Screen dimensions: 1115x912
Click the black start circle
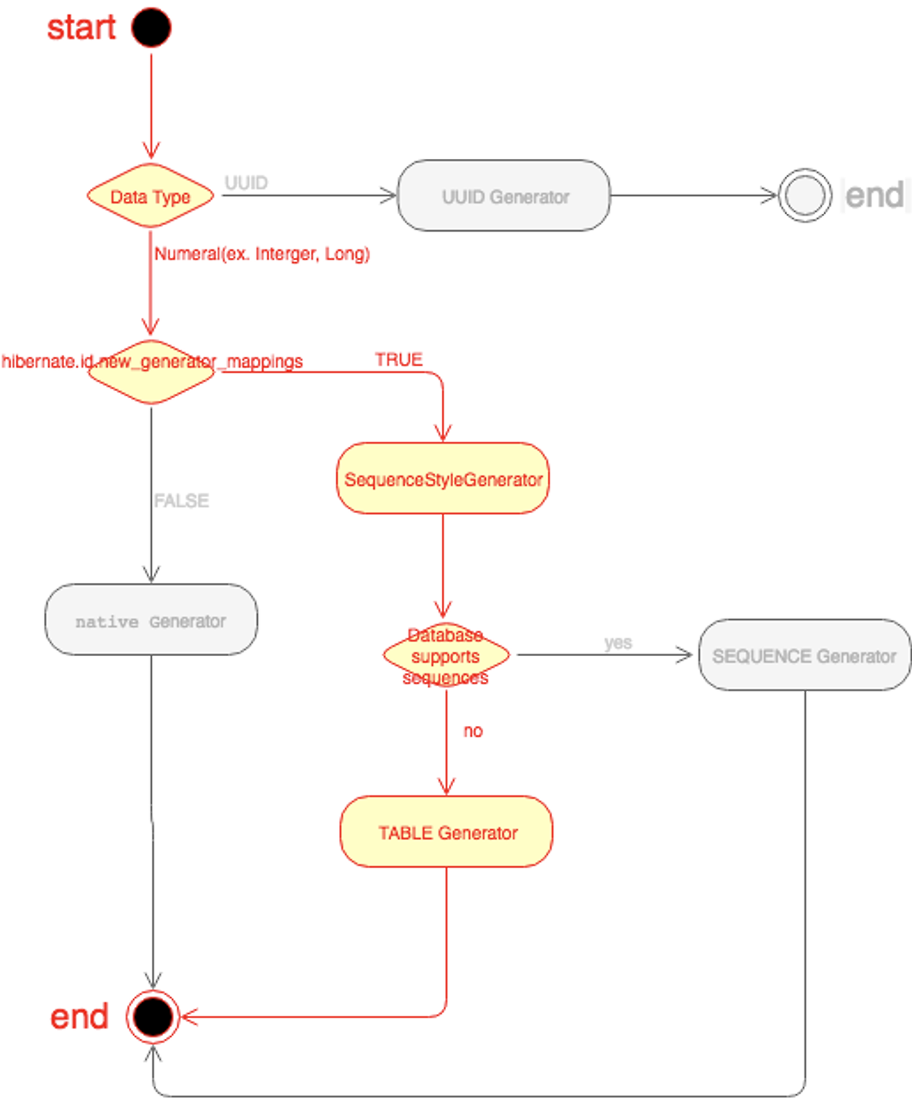click(151, 28)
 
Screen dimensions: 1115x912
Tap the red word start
click(81, 28)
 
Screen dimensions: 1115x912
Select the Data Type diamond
click(150, 196)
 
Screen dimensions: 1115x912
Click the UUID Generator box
click(504, 196)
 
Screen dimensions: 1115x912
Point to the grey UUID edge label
click(247, 183)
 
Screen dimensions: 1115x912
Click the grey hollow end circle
click(804, 195)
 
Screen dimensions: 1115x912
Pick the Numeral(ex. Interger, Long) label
click(262, 254)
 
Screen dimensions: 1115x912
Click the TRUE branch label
click(399, 360)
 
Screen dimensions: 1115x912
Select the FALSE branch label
click(182, 501)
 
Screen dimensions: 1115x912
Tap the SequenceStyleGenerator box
click(442, 479)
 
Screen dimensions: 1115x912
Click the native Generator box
click(151, 620)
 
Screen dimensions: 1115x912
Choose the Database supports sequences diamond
click(446, 655)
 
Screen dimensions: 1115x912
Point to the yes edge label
click(618, 643)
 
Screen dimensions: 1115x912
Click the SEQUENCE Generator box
click(804, 655)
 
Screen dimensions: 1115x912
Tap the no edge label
click(473, 731)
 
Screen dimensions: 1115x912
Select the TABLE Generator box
click(447, 832)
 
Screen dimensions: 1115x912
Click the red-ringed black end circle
click(152, 1017)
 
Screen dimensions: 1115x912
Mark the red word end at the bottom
click(79, 1017)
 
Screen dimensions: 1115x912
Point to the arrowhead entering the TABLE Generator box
click(447, 788)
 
